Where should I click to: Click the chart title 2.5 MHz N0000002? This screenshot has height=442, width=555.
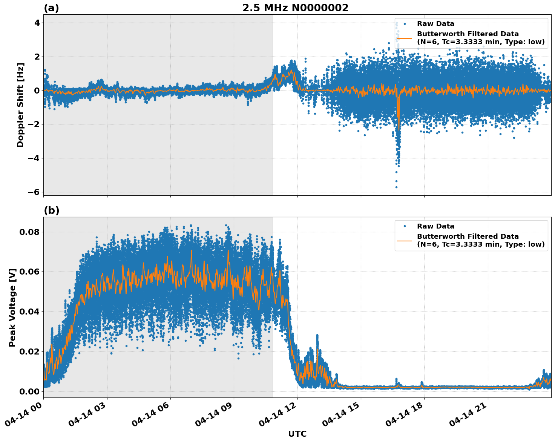click(295, 8)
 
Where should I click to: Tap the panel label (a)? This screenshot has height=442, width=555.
click(51, 8)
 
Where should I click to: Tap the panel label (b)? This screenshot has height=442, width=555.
click(51, 210)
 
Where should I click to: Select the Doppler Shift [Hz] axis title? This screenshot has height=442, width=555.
click(20, 105)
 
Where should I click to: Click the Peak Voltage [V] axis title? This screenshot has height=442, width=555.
click(12, 307)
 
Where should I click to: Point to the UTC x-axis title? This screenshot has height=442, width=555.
click(297, 434)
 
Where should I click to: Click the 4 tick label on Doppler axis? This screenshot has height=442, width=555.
click(37, 23)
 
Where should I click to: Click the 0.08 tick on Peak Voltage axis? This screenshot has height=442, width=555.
click(29, 232)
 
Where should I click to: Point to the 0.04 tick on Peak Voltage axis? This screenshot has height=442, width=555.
click(29, 312)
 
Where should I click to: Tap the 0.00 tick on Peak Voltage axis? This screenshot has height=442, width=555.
click(29, 391)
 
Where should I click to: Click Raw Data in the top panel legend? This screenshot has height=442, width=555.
click(435, 24)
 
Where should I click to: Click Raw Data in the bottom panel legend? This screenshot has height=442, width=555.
click(435, 226)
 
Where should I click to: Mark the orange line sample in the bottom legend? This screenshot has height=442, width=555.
click(405, 240)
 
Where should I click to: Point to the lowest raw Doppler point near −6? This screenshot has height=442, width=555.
click(396, 187)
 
